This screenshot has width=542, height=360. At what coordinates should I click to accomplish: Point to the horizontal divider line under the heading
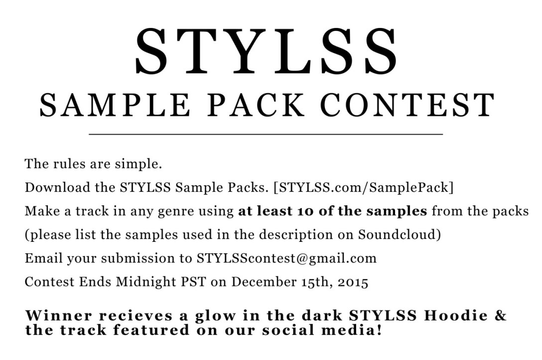[x=266, y=134]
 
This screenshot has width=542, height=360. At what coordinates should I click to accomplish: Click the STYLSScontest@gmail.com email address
[x=286, y=258]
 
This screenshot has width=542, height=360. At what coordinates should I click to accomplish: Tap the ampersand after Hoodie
[x=500, y=315]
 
